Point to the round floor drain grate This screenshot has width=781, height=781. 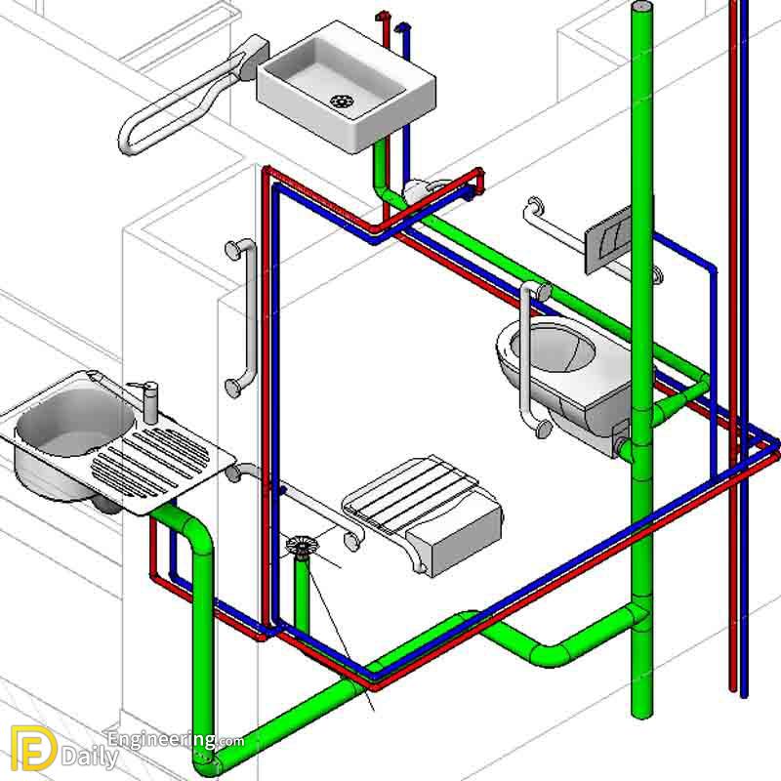coord(302,546)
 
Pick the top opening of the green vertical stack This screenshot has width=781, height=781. coord(642,7)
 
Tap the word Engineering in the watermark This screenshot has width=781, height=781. coord(162,740)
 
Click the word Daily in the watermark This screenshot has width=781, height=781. coord(90,759)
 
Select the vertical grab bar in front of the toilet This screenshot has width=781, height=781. coord(527,358)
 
